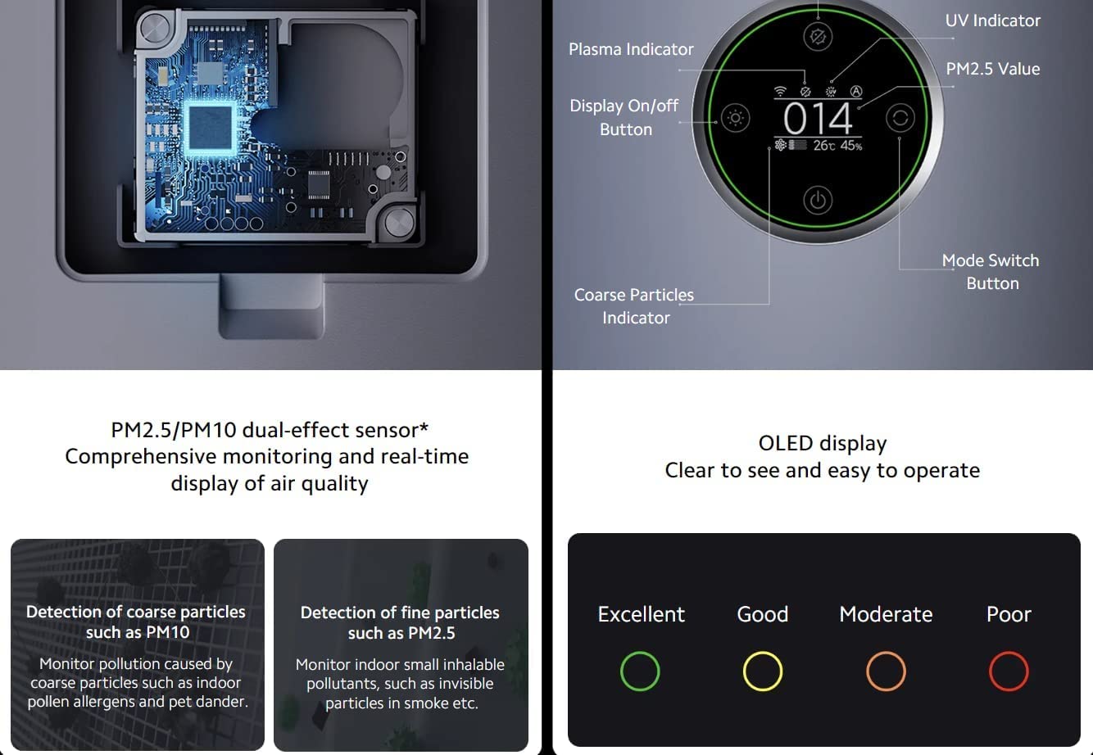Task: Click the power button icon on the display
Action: click(x=818, y=200)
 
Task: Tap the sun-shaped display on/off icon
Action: click(x=735, y=118)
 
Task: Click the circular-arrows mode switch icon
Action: click(x=900, y=118)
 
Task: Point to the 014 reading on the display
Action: click(x=818, y=119)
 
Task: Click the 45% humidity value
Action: click(x=851, y=145)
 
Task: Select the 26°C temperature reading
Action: click(x=824, y=145)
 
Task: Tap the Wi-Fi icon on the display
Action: click(x=780, y=91)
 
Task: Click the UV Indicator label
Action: click(x=992, y=20)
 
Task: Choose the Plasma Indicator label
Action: click(x=631, y=49)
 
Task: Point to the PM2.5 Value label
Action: click(x=992, y=69)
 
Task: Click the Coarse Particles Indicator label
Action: click(x=634, y=306)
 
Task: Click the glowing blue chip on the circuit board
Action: click(x=211, y=128)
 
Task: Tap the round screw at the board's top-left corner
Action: click(x=155, y=28)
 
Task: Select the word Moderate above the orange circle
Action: click(x=886, y=614)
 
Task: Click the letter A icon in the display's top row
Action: click(x=856, y=91)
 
